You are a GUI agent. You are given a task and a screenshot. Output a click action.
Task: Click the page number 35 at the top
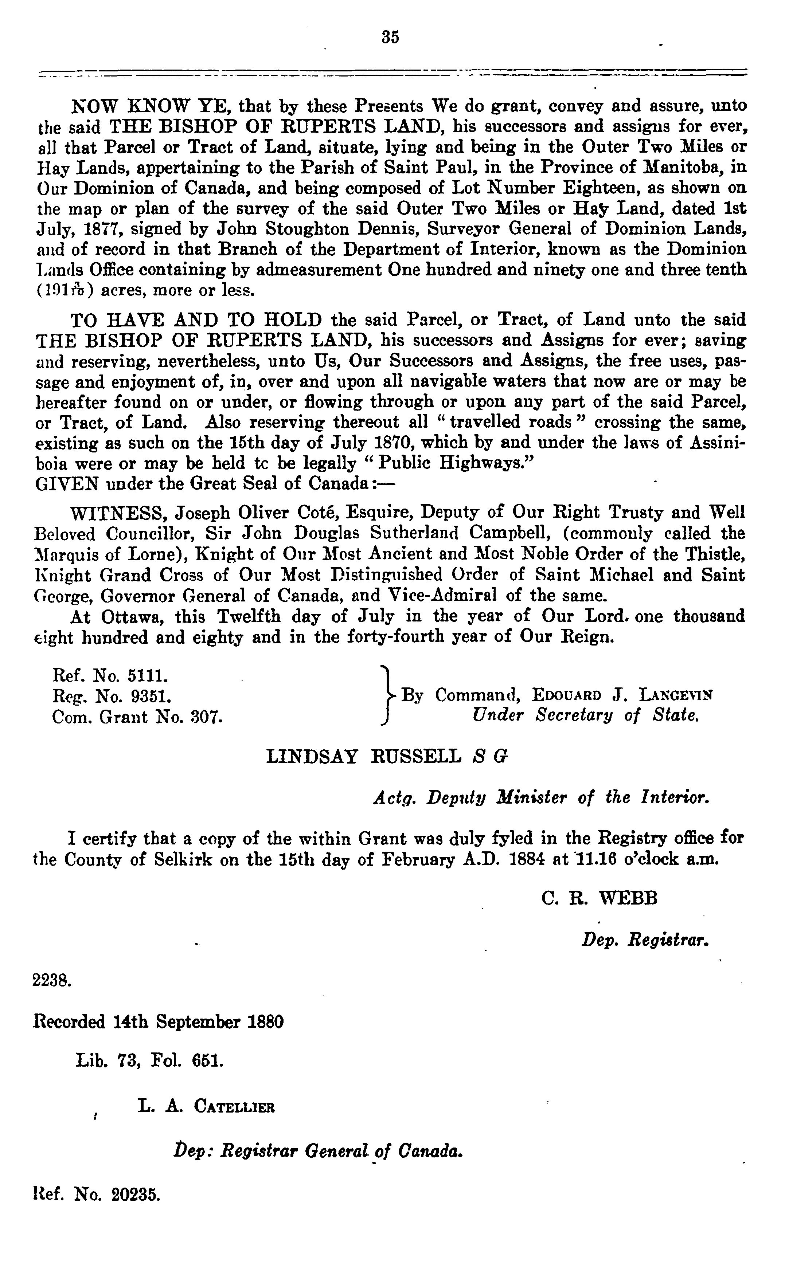[x=390, y=38]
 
